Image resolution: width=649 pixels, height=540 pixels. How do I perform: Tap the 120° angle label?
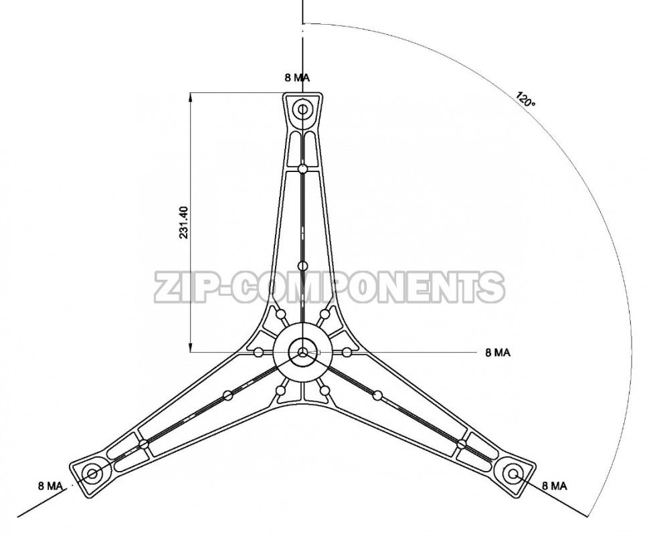coord(526,99)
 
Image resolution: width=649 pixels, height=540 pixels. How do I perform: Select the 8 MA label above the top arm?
coord(297,78)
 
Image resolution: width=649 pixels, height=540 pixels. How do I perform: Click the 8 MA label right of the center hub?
coord(498,353)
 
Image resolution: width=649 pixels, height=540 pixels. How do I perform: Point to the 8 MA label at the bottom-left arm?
coord(50,486)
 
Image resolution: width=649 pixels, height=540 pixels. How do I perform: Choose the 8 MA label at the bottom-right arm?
coord(554,486)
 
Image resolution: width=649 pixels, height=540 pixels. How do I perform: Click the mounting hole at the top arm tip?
coord(303,109)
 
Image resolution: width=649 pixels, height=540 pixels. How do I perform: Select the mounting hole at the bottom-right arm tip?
coord(513,474)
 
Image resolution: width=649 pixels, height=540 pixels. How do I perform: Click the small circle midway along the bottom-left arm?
coord(227,395)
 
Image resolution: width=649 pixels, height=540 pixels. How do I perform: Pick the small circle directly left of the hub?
coord(258,352)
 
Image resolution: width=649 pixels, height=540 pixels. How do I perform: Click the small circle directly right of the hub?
coord(347,352)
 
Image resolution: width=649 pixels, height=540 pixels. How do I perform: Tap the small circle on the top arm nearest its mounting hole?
coord(303,169)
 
